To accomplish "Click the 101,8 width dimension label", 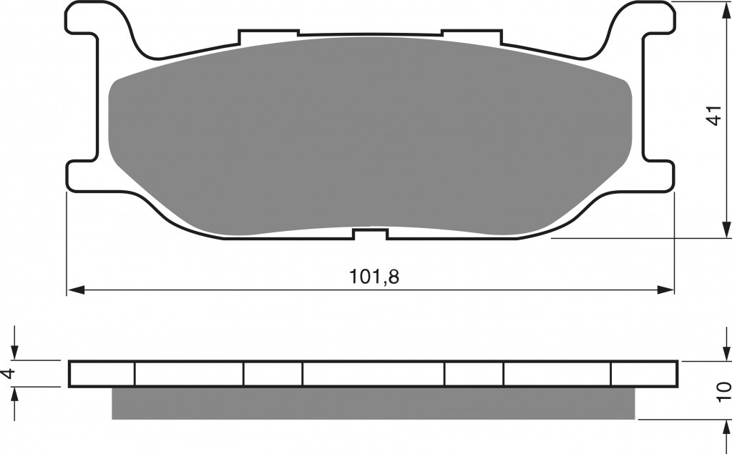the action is [x=374, y=277].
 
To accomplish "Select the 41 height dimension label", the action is [x=714, y=115].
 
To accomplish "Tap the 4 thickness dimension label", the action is [x=9, y=373].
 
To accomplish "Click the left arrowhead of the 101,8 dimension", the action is [x=76, y=290].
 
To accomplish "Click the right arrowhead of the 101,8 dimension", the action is [x=665, y=290].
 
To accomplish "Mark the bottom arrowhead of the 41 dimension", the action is [x=726, y=230].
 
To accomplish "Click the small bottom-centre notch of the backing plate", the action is [x=371, y=234].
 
